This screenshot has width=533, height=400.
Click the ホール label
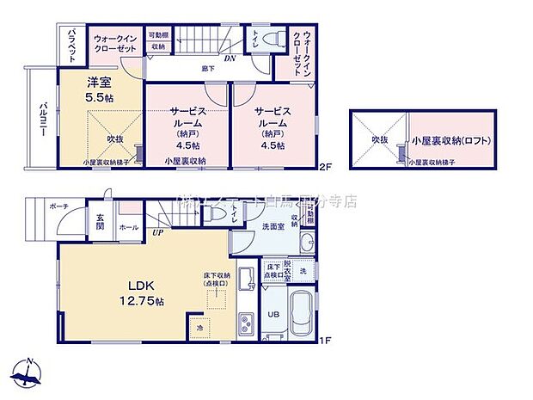tap(127, 227)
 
